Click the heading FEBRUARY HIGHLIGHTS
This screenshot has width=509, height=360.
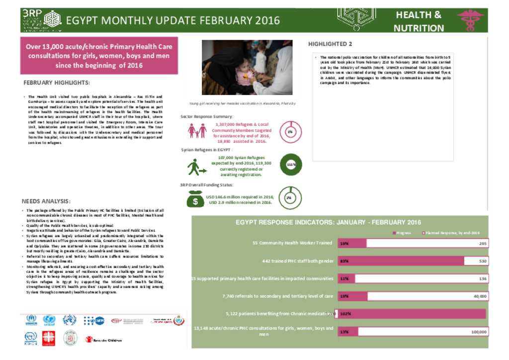(x=57, y=83)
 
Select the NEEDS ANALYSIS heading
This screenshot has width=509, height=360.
(x=46, y=201)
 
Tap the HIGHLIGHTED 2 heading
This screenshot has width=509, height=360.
(x=330, y=44)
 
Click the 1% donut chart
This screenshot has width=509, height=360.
(x=290, y=131)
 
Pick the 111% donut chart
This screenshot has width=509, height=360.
(x=291, y=164)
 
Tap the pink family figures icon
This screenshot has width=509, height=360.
(x=197, y=131)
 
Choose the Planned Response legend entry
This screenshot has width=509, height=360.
(x=450, y=232)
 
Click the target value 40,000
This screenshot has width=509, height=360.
(x=480, y=296)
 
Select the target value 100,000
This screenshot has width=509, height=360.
(x=478, y=332)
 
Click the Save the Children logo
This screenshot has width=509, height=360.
(x=102, y=340)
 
